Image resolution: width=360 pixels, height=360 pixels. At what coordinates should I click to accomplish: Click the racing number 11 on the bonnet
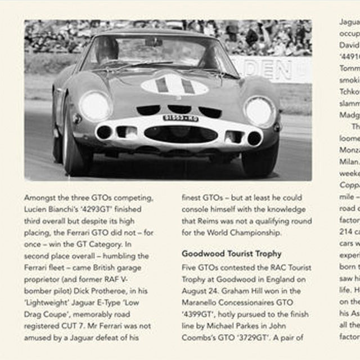[x=174, y=85]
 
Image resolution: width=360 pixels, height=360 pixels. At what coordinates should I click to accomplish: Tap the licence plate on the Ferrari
[x=181, y=118]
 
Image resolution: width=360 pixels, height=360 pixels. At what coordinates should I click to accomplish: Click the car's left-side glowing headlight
[x=95, y=106]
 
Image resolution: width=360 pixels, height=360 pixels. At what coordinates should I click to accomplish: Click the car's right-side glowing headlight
[x=259, y=111]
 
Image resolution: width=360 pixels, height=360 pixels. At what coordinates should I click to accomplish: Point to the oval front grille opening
[x=181, y=134]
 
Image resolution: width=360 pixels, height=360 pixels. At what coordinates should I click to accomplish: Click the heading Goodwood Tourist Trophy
[x=231, y=254]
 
